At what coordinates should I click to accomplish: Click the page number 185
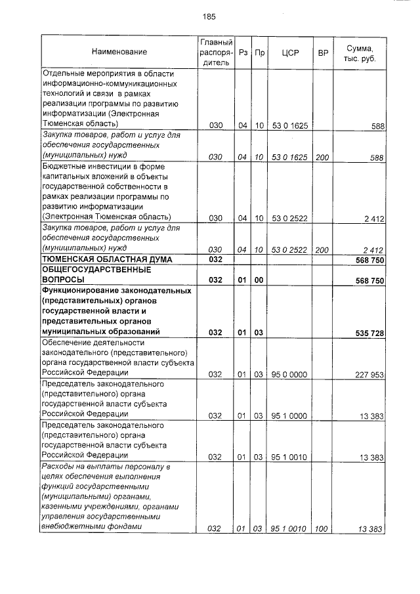pos(209,16)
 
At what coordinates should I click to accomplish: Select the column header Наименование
pos(119,52)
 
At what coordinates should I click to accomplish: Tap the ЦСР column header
pos(289,52)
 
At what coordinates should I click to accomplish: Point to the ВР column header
pos(322,52)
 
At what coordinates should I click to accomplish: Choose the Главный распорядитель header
pos(216,52)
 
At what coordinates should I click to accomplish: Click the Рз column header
pos(242,52)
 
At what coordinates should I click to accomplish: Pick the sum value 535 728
pos(369,333)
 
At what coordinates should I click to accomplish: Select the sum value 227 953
pos(369,374)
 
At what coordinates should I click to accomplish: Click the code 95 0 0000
pos(289,374)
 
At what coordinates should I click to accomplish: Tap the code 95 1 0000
pos(289,415)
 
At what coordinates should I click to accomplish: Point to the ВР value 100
pos(322,529)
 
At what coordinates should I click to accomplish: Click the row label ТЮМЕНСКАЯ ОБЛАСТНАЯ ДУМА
pos(107,260)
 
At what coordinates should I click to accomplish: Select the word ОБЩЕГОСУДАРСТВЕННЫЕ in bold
pos(96,270)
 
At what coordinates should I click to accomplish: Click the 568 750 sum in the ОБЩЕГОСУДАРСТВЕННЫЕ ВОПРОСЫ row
pos(369,280)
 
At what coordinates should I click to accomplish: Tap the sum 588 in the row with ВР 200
pos(377,158)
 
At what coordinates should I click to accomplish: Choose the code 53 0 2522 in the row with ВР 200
pos(289,249)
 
